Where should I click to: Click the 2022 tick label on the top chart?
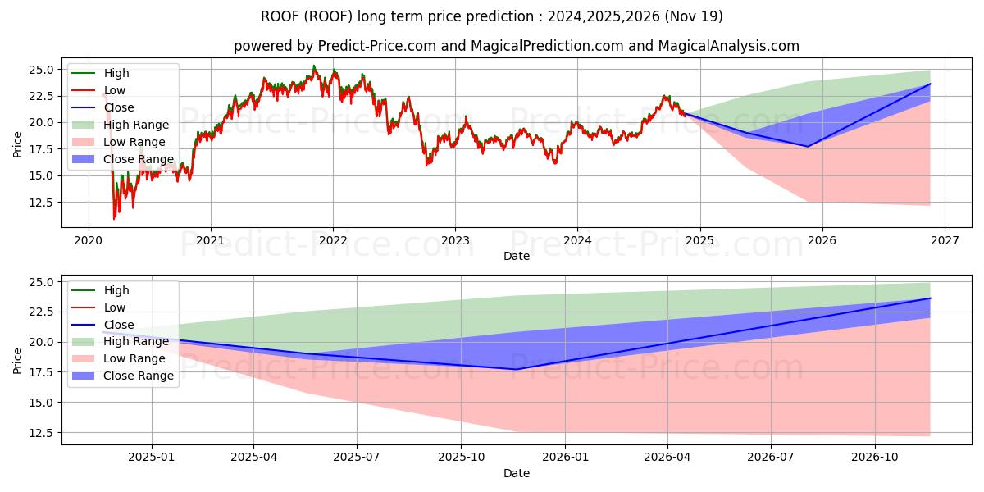(332, 241)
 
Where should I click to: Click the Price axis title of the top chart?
(18, 143)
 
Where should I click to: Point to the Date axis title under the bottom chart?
(517, 473)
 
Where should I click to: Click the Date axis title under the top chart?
(517, 256)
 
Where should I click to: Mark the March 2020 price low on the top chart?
(114, 218)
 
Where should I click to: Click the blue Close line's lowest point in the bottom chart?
(515, 369)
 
